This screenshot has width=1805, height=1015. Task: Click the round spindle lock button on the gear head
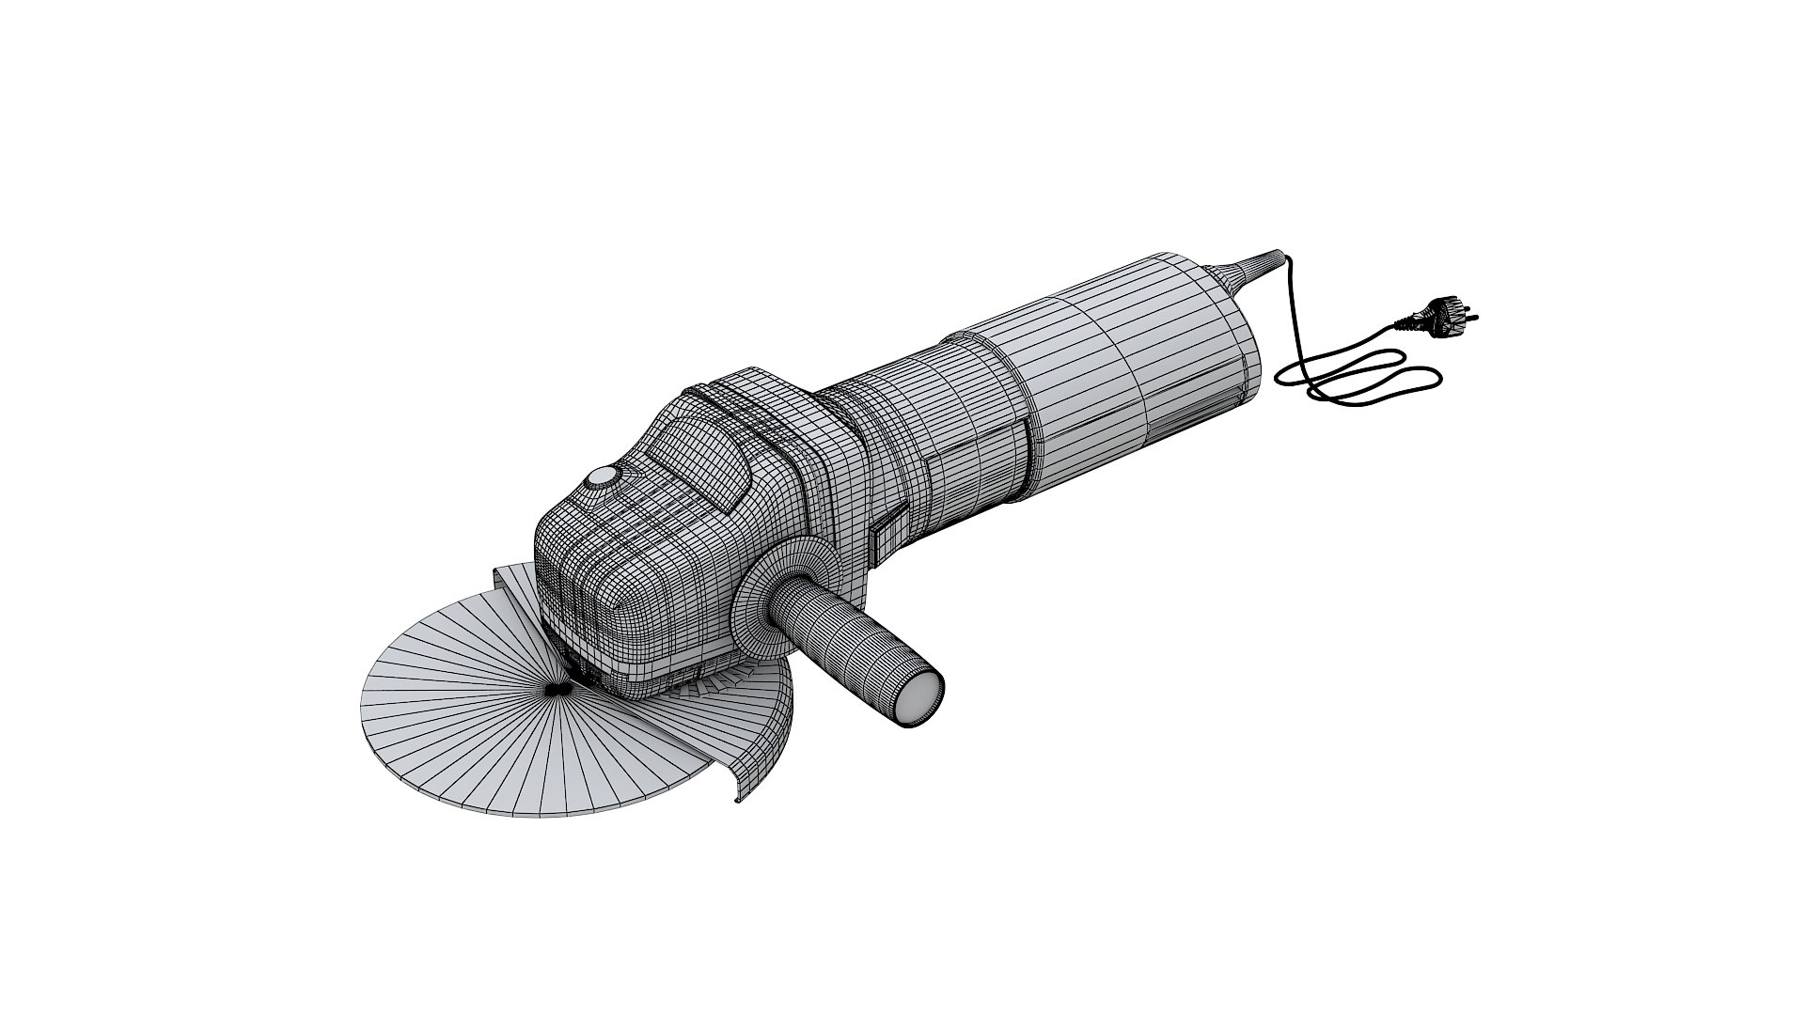[599, 479]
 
